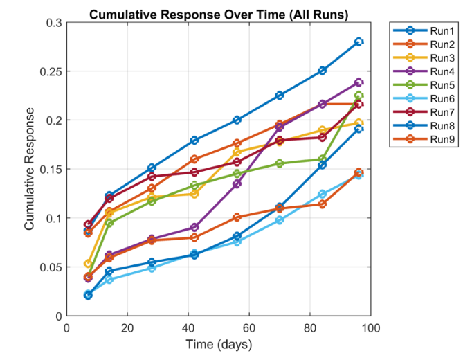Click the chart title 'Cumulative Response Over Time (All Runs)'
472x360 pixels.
pyautogui.click(x=219, y=14)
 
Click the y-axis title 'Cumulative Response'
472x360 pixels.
pyautogui.click(x=30, y=170)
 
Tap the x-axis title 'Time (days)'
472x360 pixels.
pyautogui.click(x=219, y=344)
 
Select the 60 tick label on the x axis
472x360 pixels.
pyautogui.click(x=249, y=328)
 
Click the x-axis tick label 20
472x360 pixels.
pyautogui.click(x=127, y=328)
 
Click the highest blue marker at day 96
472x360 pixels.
pyautogui.click(x=358, y=42)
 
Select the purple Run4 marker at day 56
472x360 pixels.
pyautogui.click(x=237, y=183)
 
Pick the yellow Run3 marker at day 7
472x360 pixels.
pyautogui.click(x=88, y=264)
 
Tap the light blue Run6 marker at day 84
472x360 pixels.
pyautogui.click(x=322, y=194)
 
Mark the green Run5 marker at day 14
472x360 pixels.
pyautogui.click(x=109, y=223)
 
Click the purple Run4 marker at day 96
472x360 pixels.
pyautogui.click(x=358, y=82)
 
